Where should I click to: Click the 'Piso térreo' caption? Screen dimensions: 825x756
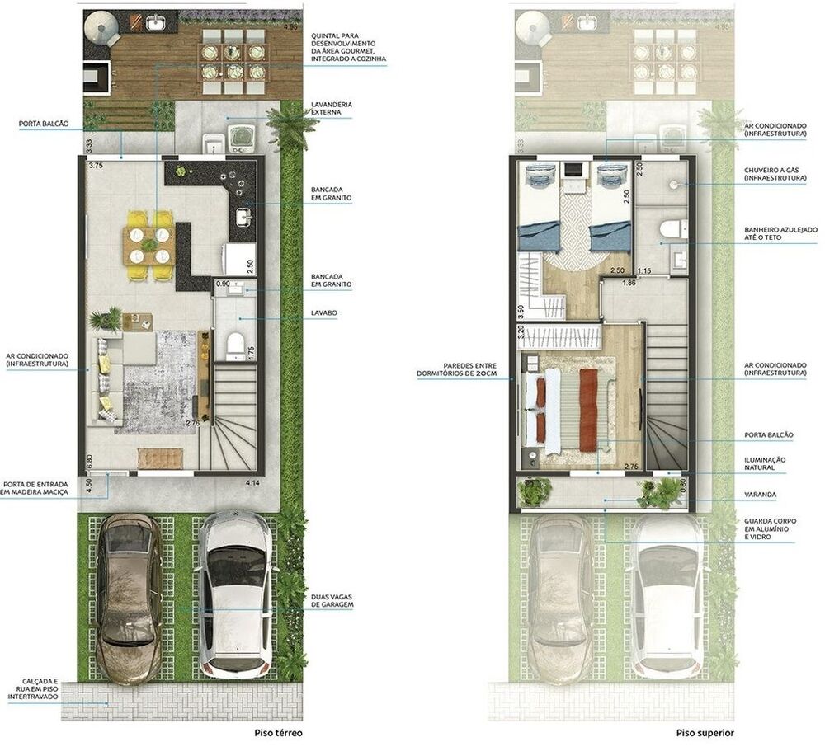coord(278,733)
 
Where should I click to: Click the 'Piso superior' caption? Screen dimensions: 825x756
coord(705,733)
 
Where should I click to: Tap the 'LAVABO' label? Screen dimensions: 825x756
coord(323,312)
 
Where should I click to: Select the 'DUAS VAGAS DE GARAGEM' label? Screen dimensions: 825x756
coord(332,601)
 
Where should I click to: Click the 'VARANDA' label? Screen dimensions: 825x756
coord(760,495)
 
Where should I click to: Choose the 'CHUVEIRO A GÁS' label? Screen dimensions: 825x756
coord(775,174)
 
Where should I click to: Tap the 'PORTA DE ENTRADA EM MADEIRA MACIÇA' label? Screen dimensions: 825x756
coord(35,488)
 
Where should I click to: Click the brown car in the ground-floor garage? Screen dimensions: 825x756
coord(130,599)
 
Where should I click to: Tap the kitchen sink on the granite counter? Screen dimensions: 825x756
coord(243,215)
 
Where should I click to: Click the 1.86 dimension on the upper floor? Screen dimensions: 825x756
coord(629,282)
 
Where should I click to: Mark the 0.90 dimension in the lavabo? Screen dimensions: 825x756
coord(223,284)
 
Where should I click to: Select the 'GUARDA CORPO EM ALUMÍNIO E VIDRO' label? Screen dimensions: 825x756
coord(771,529)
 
